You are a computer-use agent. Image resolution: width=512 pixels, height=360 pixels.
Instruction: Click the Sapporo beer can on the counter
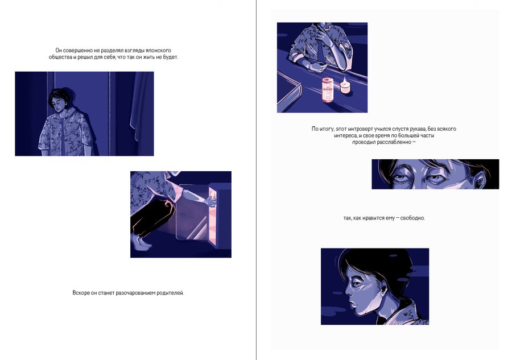[328, 90]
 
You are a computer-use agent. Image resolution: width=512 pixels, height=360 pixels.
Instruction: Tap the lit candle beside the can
[345, 86]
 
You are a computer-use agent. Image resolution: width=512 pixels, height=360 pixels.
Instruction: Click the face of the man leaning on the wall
[60, 105]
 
